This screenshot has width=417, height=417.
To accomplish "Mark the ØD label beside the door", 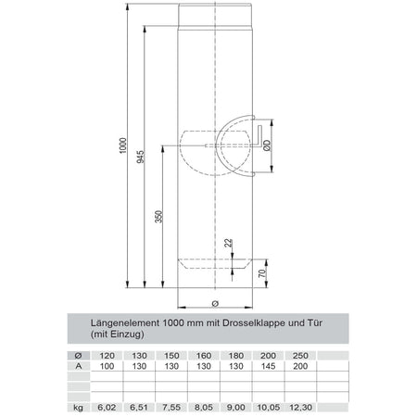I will (x=266, y=145).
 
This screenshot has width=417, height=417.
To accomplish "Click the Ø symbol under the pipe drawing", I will (x=214, y=303).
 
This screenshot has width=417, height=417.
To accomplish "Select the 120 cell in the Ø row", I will (x=107, y=355).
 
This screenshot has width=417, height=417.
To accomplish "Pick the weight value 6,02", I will (x=107, y=406).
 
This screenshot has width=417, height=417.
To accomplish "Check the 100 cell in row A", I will (x=107, y=365).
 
